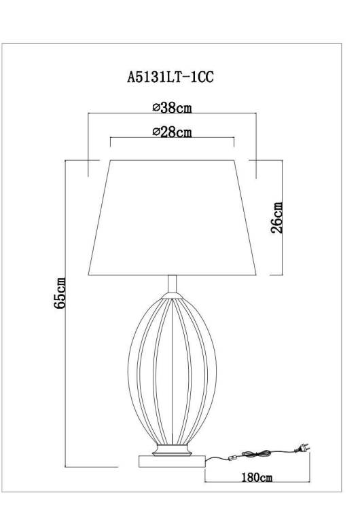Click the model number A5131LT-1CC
tap(170, 77)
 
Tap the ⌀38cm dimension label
tap(173, 107)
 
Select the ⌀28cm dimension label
tap(173, 132)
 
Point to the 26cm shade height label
tap(276, 217)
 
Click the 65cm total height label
tap(60, 293)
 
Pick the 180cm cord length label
tap(257, 477)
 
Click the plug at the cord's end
tap(302, 449)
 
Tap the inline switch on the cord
tap(232, 458)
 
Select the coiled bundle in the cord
tap(256, 453)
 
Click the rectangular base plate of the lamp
tap(172, 461)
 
